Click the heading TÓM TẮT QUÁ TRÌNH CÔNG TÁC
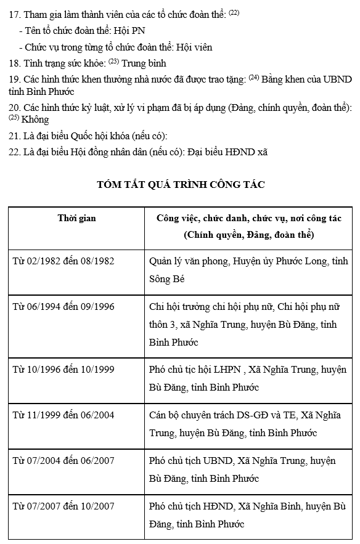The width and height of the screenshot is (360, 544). [x=181, y=184]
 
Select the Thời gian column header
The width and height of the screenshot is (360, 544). [x=76, y=218]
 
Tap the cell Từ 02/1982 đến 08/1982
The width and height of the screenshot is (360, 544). [x=63, y=261]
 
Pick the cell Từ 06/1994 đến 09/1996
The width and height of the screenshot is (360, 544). [x=63, y=306]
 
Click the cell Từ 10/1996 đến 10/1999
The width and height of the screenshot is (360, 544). [x=63, y=370]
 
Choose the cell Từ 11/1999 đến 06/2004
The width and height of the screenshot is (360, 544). [x=63, y=415]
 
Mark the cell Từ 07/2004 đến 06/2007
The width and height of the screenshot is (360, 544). [x=63, y=460]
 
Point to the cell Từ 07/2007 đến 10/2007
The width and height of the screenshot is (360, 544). [x=63, y=506]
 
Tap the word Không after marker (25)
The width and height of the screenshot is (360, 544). [x=35, y=120]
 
